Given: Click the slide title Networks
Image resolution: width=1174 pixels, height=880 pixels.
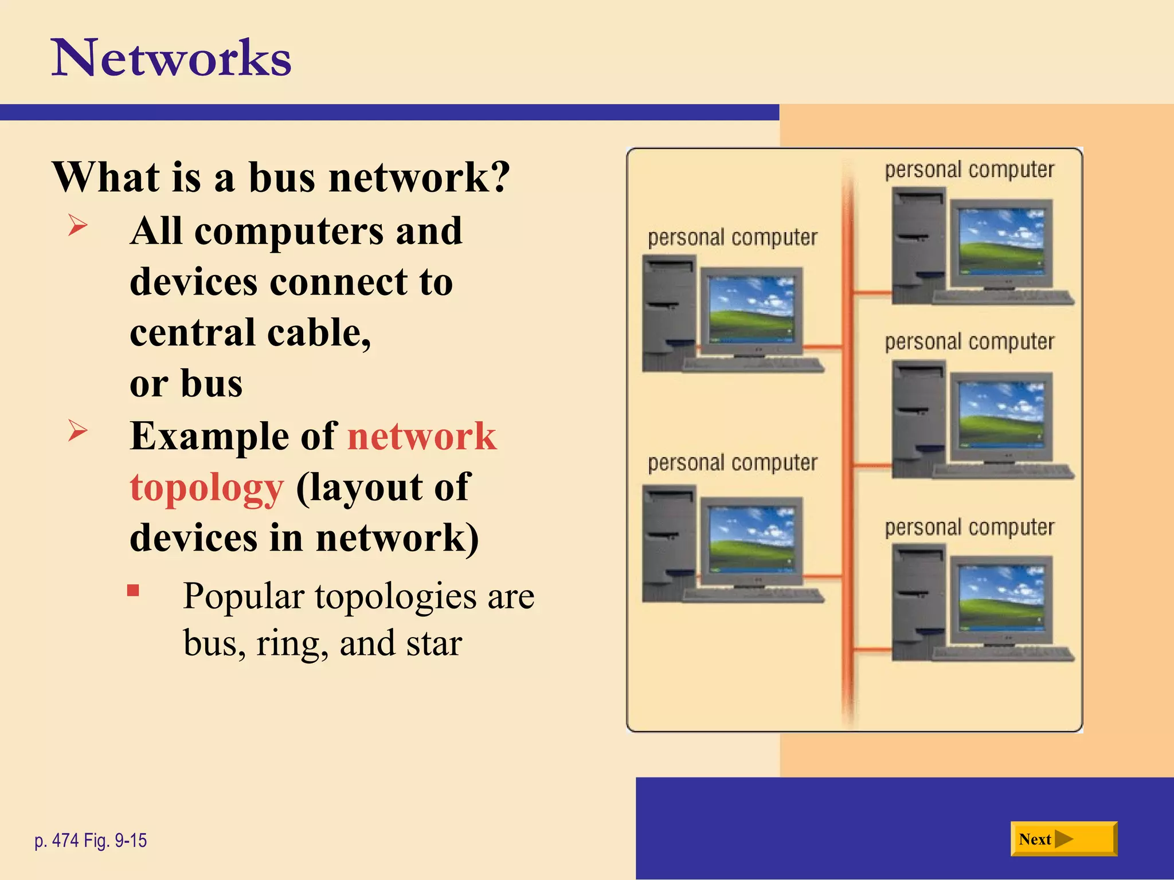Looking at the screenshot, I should [171, 58].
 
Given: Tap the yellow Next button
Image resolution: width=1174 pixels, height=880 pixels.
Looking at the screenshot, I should [1063, 839].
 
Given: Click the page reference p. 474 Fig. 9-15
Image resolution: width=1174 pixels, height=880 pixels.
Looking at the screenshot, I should [91, 840].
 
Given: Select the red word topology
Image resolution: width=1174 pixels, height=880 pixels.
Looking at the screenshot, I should [206, 488].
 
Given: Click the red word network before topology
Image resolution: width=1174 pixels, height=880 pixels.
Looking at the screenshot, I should [422, 437].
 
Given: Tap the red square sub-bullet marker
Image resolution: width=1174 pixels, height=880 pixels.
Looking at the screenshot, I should [134, 591].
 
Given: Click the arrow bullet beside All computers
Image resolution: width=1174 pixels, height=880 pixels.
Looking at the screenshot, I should [77, 225].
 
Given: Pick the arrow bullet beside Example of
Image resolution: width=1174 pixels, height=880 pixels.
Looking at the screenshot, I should [77, 430].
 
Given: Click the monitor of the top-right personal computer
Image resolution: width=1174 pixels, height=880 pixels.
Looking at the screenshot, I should [1001, 242].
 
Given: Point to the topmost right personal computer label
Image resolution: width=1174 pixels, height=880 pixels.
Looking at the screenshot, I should [969, 170].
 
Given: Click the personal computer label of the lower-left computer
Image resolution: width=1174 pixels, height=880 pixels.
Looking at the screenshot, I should [733, 463].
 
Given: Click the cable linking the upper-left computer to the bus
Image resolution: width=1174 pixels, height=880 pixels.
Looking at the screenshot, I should [823, 347].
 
